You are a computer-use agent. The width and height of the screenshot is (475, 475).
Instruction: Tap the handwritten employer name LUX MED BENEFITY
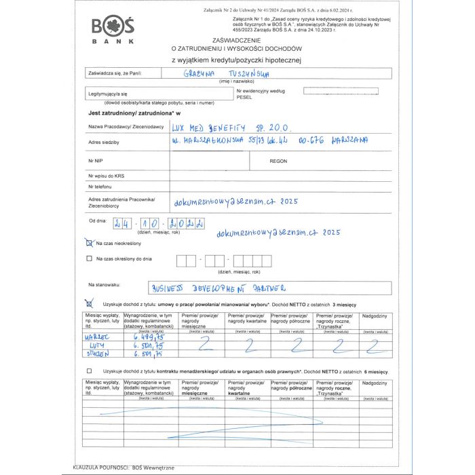231,127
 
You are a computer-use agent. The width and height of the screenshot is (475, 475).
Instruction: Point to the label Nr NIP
95,160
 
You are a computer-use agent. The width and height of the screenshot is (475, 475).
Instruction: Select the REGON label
278,161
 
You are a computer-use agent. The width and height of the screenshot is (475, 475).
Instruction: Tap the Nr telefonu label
99,186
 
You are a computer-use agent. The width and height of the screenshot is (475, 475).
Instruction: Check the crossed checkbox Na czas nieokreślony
89,242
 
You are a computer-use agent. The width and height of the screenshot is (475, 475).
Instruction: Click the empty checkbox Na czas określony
89,259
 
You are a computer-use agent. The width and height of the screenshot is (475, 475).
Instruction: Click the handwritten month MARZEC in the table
96,335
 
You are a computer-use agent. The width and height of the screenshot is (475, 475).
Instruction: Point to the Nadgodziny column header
375,316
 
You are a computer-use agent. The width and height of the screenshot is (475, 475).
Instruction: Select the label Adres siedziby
104,142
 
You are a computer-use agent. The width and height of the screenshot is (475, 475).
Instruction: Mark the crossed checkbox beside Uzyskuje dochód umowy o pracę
89,305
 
